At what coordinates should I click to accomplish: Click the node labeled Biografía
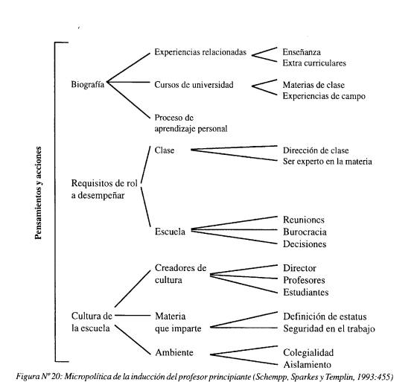(88, 85)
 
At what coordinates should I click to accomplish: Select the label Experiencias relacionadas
(200, 52)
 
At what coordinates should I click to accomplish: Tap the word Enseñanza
(302, 52)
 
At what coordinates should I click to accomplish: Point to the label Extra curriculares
(314, 63)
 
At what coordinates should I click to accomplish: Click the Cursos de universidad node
(194, 85)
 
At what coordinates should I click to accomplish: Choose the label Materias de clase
(313, 85)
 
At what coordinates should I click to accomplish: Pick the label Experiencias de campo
(324, 96)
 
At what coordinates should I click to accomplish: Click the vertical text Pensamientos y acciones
(38, 193)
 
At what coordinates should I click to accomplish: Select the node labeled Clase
(165, 150)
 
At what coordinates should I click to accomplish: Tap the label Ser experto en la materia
(328, 162)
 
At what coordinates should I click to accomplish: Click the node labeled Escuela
(170, 232)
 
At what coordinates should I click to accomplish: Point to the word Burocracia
(305, 232)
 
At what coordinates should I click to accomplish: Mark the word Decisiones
(305, 244)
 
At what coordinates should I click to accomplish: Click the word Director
(299, 268)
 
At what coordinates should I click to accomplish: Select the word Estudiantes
(306, 292)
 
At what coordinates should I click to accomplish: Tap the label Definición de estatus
(325, 316)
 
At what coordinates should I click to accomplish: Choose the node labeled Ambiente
(174, 352)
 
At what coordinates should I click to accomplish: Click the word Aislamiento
(307, 365)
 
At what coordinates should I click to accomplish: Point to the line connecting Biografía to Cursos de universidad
(128, 82)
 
